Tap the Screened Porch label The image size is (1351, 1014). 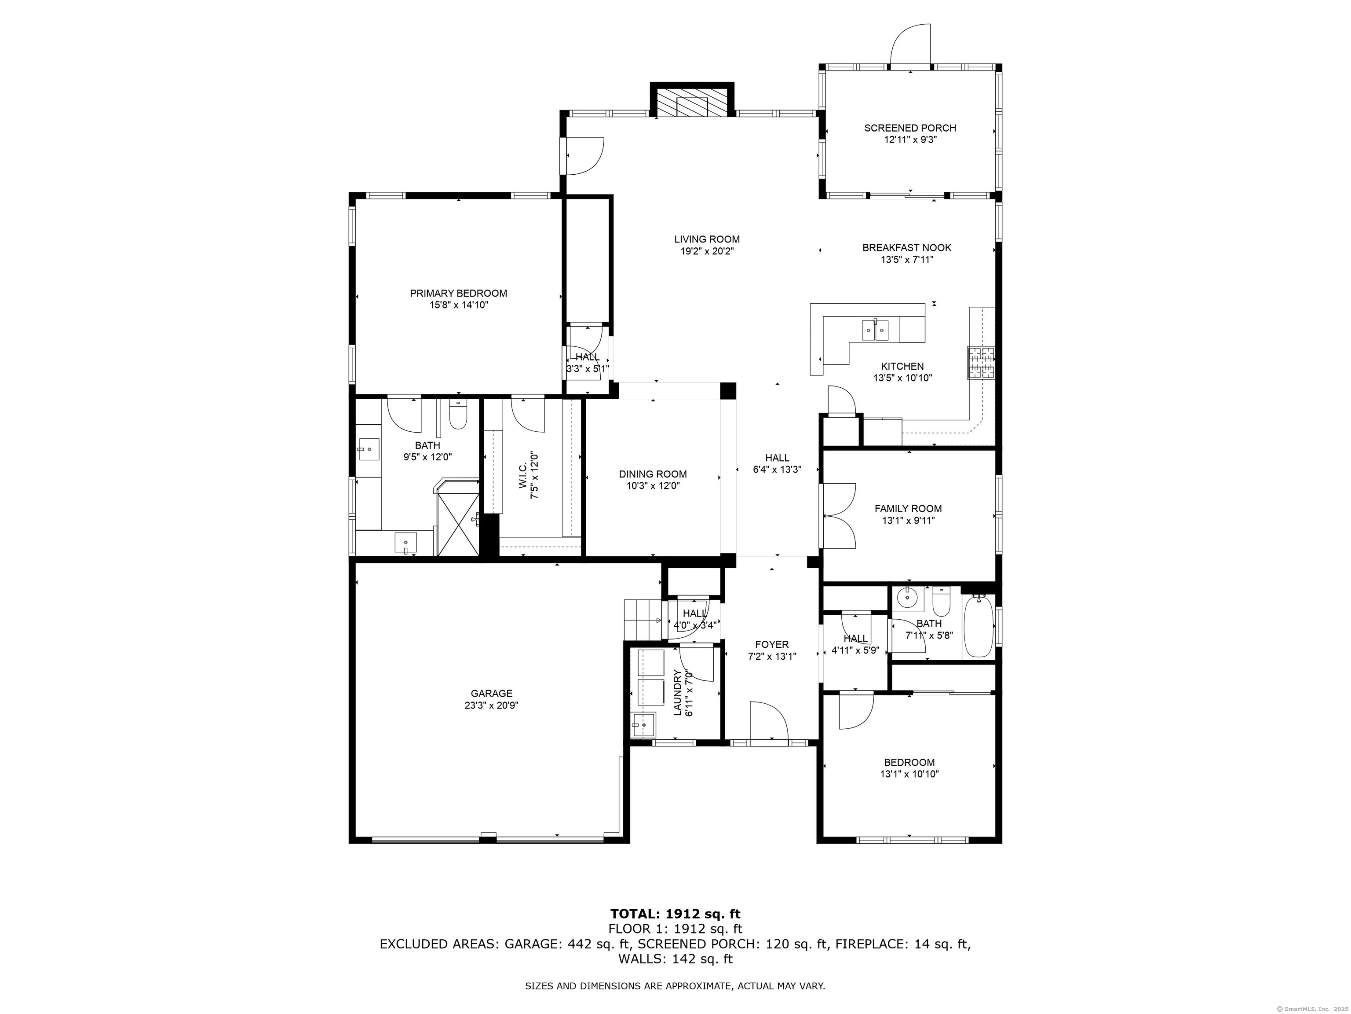pyautogui.click(x=910, y=128)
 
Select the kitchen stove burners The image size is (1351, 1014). pyautogui.click(x=980, y=363)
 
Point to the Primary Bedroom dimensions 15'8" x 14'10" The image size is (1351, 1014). pyautogui.click(x=458, y=305)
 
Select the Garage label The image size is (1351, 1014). pyautogui.click(x=492, y=693)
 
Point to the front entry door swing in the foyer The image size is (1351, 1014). pyautogui.click(x=768, y=721)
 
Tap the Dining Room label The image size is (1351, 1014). pyautogui.click(x=653, y=474)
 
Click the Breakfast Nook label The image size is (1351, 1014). pyautogui.click(x=907, y=247)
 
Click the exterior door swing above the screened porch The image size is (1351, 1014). pyautogui.click(x=911, y=44)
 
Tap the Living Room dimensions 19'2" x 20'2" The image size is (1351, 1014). pyautogui.click(x=707, y=250)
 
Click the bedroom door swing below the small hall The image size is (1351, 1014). pyautogui.click(x=856, y=711)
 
